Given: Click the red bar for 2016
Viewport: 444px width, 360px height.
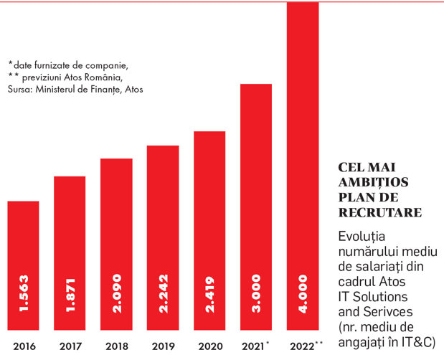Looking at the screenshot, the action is tap(23, 265).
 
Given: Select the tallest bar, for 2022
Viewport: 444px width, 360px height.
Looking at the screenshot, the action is tap(303, 166).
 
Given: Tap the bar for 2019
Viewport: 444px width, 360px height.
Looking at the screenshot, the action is tap(163, 238).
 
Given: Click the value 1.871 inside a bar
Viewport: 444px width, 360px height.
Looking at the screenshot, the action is tap(70, 295).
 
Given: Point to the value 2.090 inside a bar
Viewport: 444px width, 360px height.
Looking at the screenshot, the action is tap(117, 293).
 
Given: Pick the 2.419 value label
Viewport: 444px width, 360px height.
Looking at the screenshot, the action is tap(210, 294).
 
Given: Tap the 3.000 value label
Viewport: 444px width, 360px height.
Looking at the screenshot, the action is tap(256, 293).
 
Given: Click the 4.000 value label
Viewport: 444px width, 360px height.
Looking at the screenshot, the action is tap(303, 294).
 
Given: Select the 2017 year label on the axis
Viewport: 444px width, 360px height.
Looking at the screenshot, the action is tap(70, 346).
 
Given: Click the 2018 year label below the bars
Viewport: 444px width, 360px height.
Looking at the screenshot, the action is tap(117, 346).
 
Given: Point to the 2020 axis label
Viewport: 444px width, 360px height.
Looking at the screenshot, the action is tap(210, 346).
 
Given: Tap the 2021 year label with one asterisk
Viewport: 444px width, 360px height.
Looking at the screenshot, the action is tap(255, 346).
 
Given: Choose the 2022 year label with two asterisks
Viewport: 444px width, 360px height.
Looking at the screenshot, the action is tap(306, 346).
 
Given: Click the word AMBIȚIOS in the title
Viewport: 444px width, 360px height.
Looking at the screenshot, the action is tap(373, 183).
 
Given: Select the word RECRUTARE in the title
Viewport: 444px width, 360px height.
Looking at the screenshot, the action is tap(380, 212).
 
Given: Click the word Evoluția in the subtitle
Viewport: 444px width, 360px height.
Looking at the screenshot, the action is tap(362, 237).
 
